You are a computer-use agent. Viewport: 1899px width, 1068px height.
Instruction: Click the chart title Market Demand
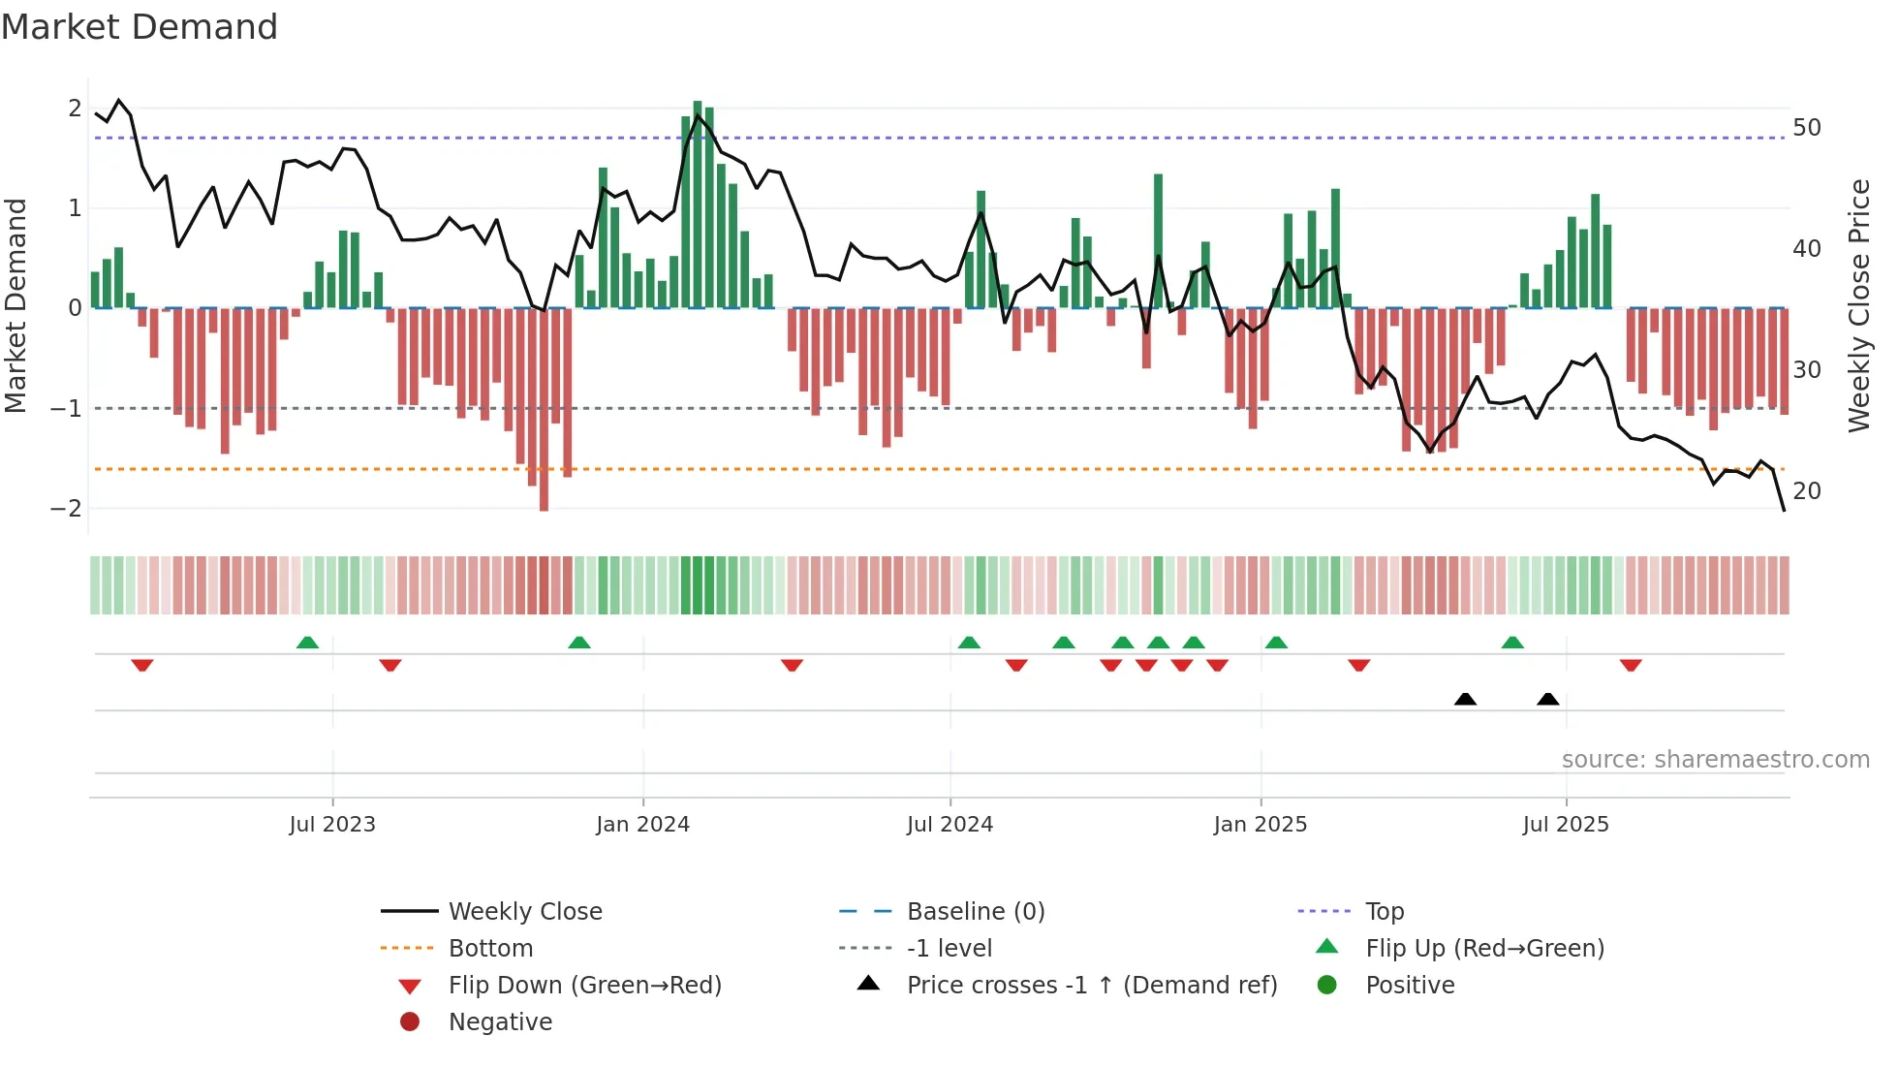point(140,27)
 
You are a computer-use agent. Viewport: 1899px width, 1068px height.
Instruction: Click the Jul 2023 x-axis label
point(331,825)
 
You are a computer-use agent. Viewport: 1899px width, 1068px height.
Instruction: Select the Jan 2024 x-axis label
point(642,825)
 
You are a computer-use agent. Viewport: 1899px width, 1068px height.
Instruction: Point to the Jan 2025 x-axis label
point(1260,825)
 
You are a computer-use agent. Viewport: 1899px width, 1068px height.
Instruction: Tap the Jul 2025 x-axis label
point(1565,825)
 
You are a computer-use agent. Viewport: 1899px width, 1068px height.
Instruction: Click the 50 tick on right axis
point(1806,128)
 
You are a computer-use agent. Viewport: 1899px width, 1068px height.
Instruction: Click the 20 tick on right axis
point(1806,491)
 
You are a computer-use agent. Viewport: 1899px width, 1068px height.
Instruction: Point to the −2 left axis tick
point(66,509)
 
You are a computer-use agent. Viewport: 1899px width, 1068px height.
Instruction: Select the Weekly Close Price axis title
point(1858,305)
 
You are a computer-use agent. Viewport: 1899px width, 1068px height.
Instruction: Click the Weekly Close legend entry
point(524,912)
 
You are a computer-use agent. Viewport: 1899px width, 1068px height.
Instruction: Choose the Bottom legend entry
point(490,949)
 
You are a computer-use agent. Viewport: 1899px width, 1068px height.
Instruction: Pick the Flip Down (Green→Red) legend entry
point(584,986)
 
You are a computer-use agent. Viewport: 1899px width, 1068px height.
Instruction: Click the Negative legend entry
point(500,1022)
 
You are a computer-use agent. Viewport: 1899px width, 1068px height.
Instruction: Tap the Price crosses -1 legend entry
point(1091,986)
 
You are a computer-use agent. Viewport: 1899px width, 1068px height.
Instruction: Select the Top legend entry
point(1385,912)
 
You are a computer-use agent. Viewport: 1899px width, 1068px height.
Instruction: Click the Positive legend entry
point(1410,986)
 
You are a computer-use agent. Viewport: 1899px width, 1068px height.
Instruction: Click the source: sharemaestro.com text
point(1715,760)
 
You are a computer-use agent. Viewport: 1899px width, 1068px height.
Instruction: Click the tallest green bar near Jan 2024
point(698,204)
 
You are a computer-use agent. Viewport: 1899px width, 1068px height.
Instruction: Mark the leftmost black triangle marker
point(1465,699)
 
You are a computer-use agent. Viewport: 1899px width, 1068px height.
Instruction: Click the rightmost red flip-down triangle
point(1631,666)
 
